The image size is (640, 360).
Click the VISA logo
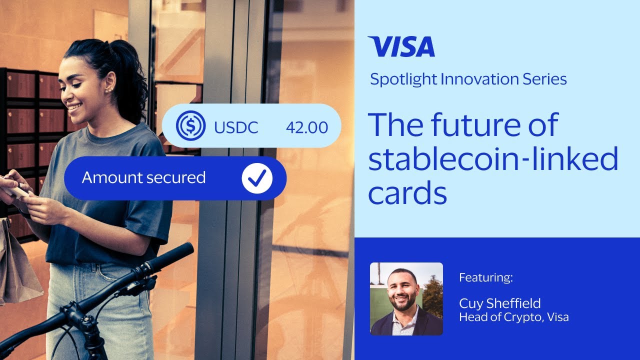[x=401, y=46]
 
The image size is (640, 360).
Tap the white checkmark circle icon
[x=257, y=178]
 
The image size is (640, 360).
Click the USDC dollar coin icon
[x=190, y=125]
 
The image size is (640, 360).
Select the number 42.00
[x=307, y=127]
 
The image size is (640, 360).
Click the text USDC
[x=236, y=127]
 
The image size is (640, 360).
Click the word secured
[x=174, y=177]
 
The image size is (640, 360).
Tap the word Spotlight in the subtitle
[x=403, y=79]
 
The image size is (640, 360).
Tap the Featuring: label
[x=486, y=277]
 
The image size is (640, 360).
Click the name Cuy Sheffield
[x=499, y=303]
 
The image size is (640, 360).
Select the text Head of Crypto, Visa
[x=513, y=317]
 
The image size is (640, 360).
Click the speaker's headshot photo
[x=406, y=299]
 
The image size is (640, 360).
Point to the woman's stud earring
[x=108, y=91]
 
